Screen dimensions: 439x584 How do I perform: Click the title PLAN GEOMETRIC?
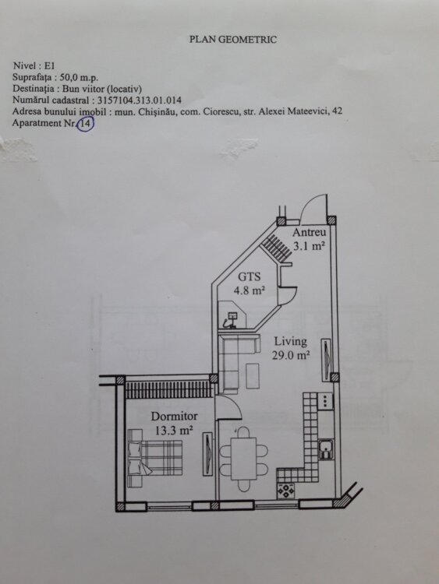pos(232,40)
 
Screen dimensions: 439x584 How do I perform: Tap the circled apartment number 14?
pos(86,124)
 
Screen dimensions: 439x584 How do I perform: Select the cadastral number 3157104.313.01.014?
pos(140,100)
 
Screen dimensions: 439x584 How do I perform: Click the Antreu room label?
pos(310,232)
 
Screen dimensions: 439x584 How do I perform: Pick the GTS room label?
pos(250,276)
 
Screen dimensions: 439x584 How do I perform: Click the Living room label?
pos(291,342)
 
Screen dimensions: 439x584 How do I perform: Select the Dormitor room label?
pos(174,416)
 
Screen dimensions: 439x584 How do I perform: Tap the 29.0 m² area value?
pos(291,355)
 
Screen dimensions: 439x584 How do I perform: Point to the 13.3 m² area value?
pos(174,431)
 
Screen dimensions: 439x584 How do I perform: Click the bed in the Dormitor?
pos(155,458)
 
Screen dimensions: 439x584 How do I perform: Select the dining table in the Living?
pos(243,459)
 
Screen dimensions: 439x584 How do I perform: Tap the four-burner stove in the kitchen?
pos(285,491)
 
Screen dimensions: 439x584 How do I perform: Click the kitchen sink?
pos(326,449)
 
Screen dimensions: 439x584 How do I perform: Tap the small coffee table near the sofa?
pos(253,376)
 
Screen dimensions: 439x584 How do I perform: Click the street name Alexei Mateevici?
pos(293,111)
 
